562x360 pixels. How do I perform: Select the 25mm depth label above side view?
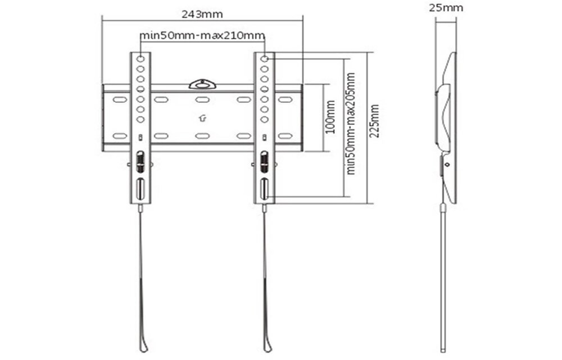pyautogui.click(x=446, y=8)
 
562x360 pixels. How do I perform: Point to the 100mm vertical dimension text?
pyautogui.click(x=330, y=117)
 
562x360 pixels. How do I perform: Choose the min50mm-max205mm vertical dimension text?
pyautogui.click(x=351, y=123)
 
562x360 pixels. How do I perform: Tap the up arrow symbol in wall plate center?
pyautogui.click(x=202, y=118)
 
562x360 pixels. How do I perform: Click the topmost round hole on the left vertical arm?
pyautogui.click(x=140, y=58)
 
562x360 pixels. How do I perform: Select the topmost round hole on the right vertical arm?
pyautogui.click(x=264, y=58)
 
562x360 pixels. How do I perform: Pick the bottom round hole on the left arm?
pyautogui.click(x=140, y=119)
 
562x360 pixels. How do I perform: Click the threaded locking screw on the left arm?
pyautogui.click(x=140, y=163)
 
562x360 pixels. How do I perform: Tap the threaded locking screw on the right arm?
pyautogui.click(x=264, y=163)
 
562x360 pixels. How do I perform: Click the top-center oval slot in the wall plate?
pyautogui.click(x=202, y=100)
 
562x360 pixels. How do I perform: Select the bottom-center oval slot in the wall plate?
pyautogui.click(x=202, y=136)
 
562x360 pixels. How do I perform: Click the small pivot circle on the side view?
pyautogui.click(x=447, y=165)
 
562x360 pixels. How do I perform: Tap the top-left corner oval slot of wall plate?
pyautogui.click(x=119, y=100)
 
